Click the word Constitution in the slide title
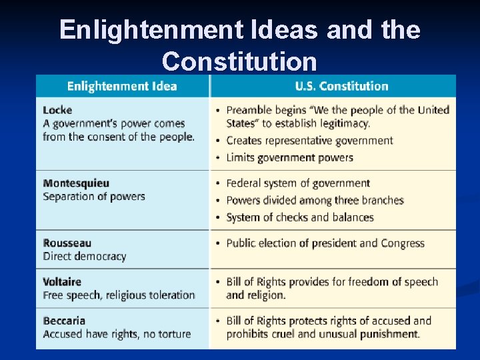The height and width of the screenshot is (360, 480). point(239,61)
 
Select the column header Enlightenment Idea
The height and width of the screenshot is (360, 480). point(122,86)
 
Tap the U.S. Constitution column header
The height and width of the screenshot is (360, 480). point(341,86)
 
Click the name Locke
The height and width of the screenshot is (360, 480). point(57,110)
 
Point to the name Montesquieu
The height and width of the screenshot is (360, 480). point(75,183)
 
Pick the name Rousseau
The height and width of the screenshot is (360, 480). point(67,243)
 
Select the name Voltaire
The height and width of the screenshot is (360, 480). point(62,282)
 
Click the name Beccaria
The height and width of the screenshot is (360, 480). point(64,321)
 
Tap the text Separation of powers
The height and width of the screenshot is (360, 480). point(93,197)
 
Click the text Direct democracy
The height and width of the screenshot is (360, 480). point(84,257)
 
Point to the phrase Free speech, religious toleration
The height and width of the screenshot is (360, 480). point(119,295)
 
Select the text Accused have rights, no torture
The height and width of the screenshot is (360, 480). point(117,334)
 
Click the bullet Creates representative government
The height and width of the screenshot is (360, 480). point(309,141)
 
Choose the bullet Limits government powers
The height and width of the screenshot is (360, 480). point(289,158)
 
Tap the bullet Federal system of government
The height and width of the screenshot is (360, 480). point(297,183)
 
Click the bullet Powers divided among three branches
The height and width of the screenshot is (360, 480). point(315,201)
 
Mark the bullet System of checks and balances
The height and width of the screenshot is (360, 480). point(299,218)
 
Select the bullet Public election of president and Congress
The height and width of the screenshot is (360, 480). point(325,243)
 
